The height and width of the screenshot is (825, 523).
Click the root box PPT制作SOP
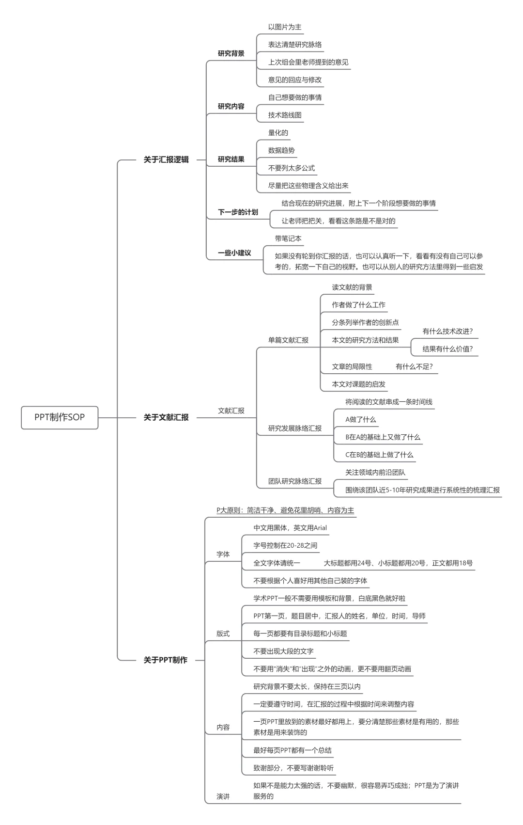(60, 417)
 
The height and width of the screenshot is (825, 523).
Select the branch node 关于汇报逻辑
(166, 159)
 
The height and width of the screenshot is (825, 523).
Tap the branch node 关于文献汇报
(166, 417)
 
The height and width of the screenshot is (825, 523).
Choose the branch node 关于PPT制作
(165, 660)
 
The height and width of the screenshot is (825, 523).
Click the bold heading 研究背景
(231, 53)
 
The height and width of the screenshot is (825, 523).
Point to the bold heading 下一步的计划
(238, 212)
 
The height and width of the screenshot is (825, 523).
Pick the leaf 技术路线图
(285, 115)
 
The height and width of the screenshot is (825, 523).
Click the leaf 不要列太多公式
(292, 168)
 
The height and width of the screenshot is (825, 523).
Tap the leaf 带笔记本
(288, 238)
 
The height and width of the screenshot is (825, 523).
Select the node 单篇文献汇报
(288, 340)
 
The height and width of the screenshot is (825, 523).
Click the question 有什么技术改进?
(447, 331)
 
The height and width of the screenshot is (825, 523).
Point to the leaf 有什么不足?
(414, 366)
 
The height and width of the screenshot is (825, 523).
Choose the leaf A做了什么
(360, 419)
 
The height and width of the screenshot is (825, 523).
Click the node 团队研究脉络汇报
(295, 481)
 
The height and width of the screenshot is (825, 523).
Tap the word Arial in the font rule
(320, 528)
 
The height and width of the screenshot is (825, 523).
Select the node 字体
(223, 555)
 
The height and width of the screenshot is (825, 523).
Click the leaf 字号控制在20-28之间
(285, 545)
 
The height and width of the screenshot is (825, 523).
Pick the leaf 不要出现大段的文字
(283, 651)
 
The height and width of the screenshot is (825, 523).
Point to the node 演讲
(223, 796)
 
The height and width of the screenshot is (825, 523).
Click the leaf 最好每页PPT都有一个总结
(292, 750)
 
